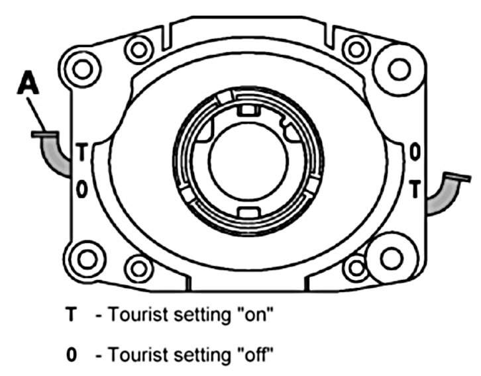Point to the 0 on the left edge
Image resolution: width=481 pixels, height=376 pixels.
[x=80, y=189]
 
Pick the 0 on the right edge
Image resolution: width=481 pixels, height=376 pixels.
[x=414, y=152]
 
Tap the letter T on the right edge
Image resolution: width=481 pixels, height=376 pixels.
[x=414, y=189]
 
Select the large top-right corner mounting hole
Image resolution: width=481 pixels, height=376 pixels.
[x=398, y=68]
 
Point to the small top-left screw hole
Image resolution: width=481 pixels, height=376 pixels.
[x=138, y=49]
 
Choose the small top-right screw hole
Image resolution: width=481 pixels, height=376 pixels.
[x=356, y=48]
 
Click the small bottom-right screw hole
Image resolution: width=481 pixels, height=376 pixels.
[x=357, y=267]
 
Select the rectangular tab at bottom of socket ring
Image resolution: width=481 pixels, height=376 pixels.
[x=246, y=212]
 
